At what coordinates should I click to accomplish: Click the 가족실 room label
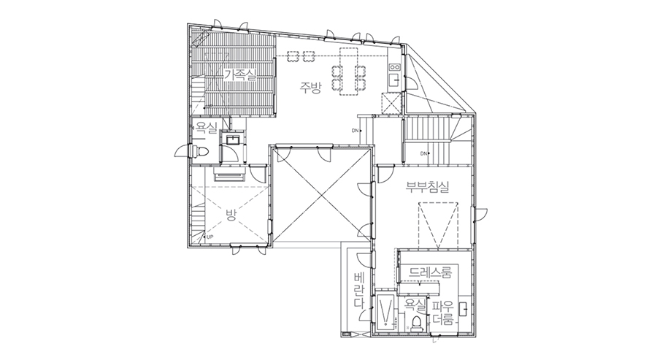click(x=240, y=76)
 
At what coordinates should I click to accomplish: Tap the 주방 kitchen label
click(x=310, y=88)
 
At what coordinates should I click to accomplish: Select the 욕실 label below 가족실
click(x=206, y=127)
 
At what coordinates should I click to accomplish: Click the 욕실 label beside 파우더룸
click(x=415, y=305)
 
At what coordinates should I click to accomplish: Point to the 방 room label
click(x=231, y=215)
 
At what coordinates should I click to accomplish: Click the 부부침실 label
click(x=427, y=186)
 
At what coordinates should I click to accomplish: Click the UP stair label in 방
click(x=210, y=237)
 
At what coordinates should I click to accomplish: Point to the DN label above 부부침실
click(x=423, y=154)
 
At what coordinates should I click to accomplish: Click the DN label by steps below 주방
click(x=355, y=131)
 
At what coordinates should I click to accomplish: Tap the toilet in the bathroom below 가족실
click(x=199, y=151)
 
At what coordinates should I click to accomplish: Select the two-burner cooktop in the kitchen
click(x=395, y=66)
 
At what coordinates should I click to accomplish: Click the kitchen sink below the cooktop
click(x=394, y=80)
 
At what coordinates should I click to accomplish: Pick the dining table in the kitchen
click(x=350, y=72)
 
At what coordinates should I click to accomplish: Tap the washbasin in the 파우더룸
click(x=464, y=310)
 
